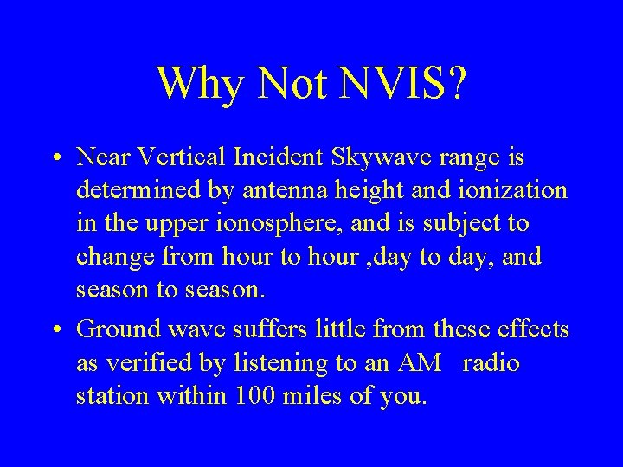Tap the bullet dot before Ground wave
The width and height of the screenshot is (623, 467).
[x=55, y=331]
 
